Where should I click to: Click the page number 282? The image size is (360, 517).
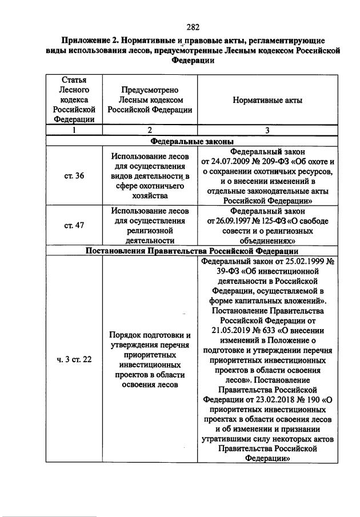tap(192, 26)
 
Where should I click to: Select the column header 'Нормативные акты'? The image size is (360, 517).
tap(267, 101)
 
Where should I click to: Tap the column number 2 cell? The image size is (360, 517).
tap(150, 130)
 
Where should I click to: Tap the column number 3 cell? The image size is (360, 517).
tap(267, 130)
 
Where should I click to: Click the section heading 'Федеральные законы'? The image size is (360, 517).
tap(192, 141)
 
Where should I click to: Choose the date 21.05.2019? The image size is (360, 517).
tap(229, 330)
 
